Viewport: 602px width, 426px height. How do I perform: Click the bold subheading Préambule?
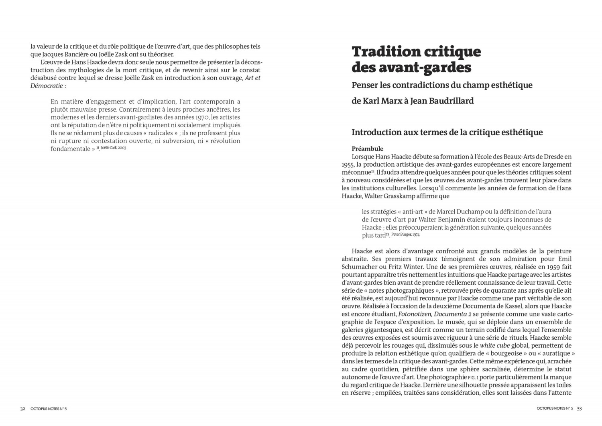point(367,149)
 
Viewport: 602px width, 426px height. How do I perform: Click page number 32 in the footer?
point(23,409)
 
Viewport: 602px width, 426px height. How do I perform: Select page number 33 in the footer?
point(579,409)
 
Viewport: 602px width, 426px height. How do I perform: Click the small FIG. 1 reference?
point(473,377)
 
